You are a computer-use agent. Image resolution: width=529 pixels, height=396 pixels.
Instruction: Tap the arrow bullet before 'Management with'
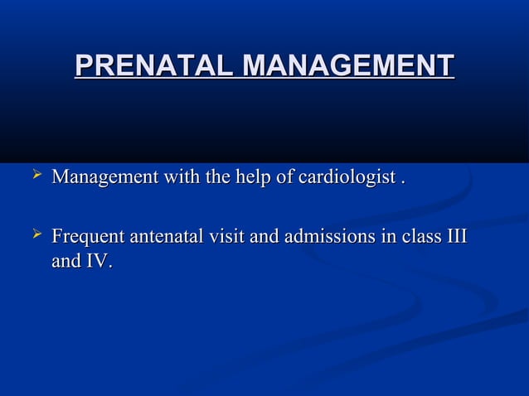tap(35, 175)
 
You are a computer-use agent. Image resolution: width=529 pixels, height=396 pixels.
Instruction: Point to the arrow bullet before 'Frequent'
tap(35, 237)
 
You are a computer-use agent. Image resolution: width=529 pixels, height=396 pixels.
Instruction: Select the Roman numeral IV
tap(95, 262)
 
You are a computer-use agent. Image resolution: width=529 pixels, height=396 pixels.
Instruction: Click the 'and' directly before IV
tap(65, 262)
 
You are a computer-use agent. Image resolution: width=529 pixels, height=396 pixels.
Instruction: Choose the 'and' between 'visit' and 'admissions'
tap(264, 239)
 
